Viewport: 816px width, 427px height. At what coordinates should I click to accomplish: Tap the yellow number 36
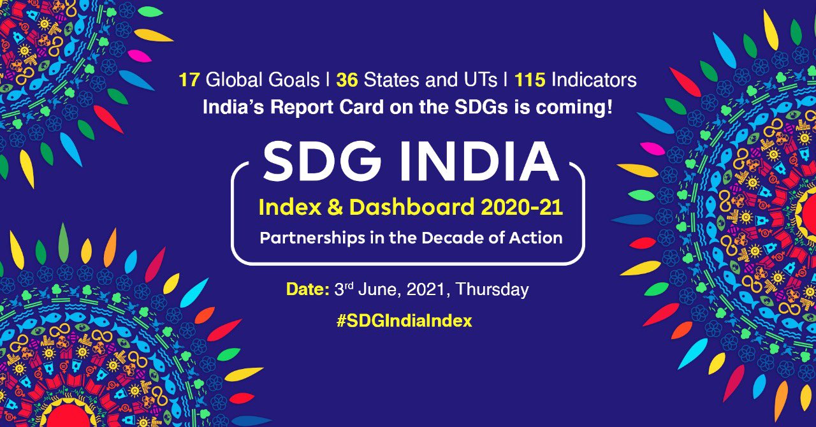[x=347, y=80]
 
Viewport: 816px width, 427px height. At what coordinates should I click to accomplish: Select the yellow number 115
[x=530, y=80]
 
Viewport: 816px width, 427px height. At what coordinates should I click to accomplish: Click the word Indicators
[x=594, y=80]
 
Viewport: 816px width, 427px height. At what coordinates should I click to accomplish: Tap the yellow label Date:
[x=307, y=289]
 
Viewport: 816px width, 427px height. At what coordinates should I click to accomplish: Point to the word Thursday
[x=493, y=289]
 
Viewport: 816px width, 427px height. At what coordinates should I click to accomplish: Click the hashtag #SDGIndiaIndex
[x=404, y=321]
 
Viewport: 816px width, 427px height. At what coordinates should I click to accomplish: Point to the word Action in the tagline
[x=541, y=238]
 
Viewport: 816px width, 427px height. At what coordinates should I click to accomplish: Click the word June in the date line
[x=375, y=289]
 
